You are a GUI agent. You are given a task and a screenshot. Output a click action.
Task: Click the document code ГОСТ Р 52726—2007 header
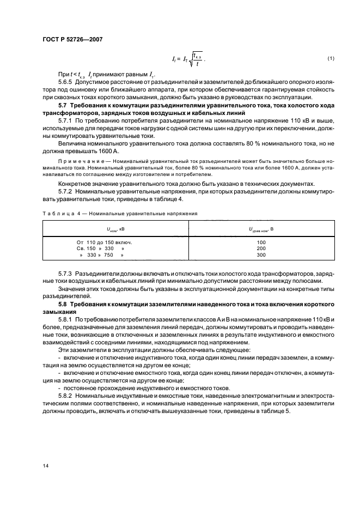click(71, 39)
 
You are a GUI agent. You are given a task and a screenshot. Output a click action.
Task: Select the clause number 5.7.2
click(66, 192)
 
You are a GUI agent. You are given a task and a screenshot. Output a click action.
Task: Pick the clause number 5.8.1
click(66, 318)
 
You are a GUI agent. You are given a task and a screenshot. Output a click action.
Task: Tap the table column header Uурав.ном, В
click(261, 229)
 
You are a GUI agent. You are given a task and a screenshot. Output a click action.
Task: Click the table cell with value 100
click(261, 241)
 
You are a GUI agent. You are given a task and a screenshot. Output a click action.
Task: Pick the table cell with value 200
click(261, 248)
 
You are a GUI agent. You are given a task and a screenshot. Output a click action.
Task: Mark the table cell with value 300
click(261, 254)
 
